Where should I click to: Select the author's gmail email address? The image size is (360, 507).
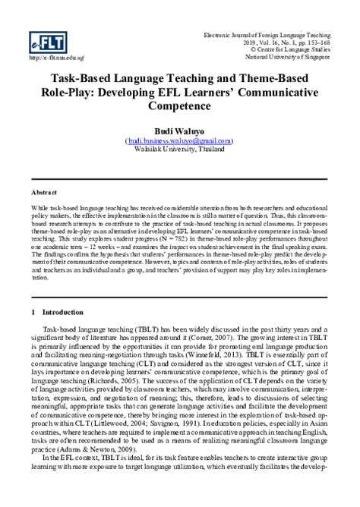(180, 141)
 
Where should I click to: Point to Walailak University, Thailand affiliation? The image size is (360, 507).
(180, 150)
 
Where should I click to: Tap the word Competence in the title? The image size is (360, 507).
(180, 107)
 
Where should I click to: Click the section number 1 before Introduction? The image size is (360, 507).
(35, 311)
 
